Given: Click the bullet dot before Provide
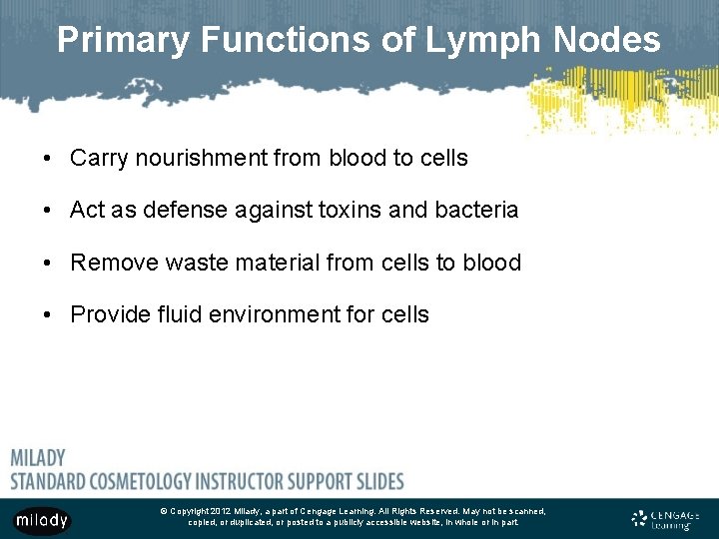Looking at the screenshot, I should [47, 315].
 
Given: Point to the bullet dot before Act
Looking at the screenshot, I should [47, 210].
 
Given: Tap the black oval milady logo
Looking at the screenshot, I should [41, 520].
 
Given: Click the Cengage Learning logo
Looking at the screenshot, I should [666, 519].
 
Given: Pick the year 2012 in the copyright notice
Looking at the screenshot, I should [221, 511].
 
